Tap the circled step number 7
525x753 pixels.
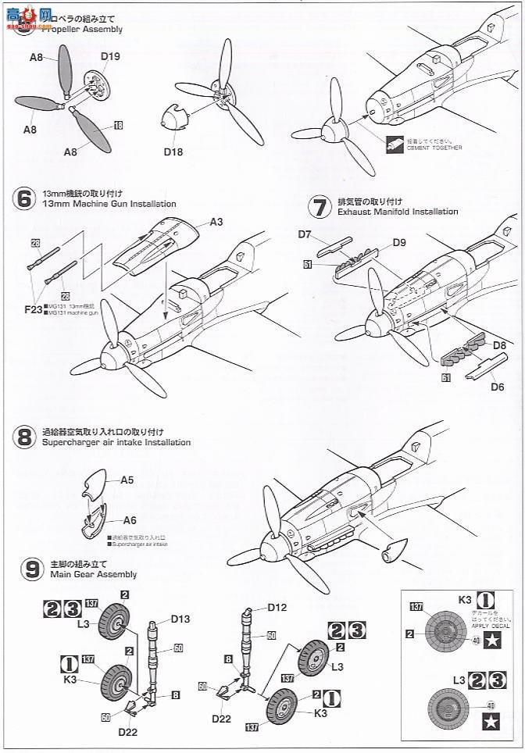(x=319, y=207)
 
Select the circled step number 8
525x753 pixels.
(x=23, y=437)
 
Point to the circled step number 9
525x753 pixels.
(x=23, y=569)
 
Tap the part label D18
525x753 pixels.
(x=173, y=152)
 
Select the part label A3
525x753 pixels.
(x=216, y=223)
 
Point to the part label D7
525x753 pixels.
(x=305, y=234)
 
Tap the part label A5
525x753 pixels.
(x=127, y=481)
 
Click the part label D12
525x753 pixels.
(x=278, y=607)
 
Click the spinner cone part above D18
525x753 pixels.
(x=172, y=123)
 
